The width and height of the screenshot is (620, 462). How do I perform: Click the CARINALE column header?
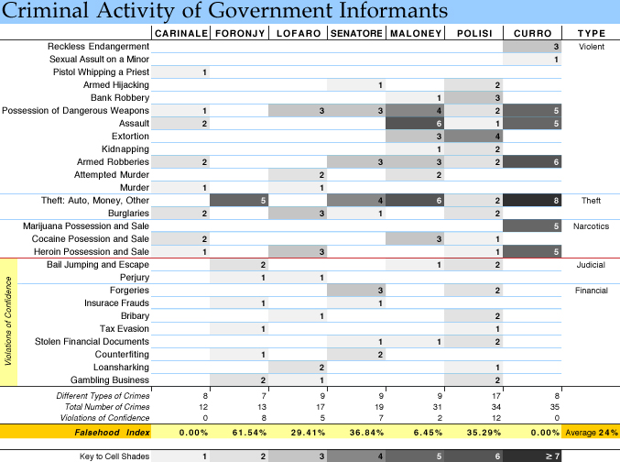click(181, 33)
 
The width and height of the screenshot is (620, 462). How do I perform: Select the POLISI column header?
click(474, 33)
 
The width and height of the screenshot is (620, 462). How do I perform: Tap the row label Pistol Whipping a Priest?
click(101, 72)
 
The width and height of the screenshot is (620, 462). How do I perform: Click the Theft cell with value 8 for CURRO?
click(532, 201)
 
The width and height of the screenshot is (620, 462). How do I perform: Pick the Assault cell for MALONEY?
click(415, 124)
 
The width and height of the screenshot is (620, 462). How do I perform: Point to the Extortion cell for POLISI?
click(473, 137)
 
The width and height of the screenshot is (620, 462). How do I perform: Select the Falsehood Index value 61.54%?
click(249, 433)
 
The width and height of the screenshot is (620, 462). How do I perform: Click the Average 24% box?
click(591, 432)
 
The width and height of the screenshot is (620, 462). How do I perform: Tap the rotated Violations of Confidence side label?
click(8, 321)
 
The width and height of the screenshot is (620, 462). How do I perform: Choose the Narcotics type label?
click(591, 226)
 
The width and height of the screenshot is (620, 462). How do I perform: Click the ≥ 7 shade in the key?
click(532, 456)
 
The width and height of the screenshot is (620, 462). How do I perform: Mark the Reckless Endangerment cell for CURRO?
click(532, 47)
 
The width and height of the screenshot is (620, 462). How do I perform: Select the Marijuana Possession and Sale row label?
click(86, 226)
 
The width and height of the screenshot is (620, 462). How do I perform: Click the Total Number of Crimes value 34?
click(495, 407)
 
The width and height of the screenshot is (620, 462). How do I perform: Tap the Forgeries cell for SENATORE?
click(356, 291)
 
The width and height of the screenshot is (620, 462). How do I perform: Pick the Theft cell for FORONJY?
click(239, 201)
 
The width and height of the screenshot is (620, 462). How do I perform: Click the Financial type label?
click(591, 291)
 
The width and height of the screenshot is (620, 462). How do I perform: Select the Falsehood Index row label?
click(112, 433)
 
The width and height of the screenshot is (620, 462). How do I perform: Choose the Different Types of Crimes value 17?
click(495, 395)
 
